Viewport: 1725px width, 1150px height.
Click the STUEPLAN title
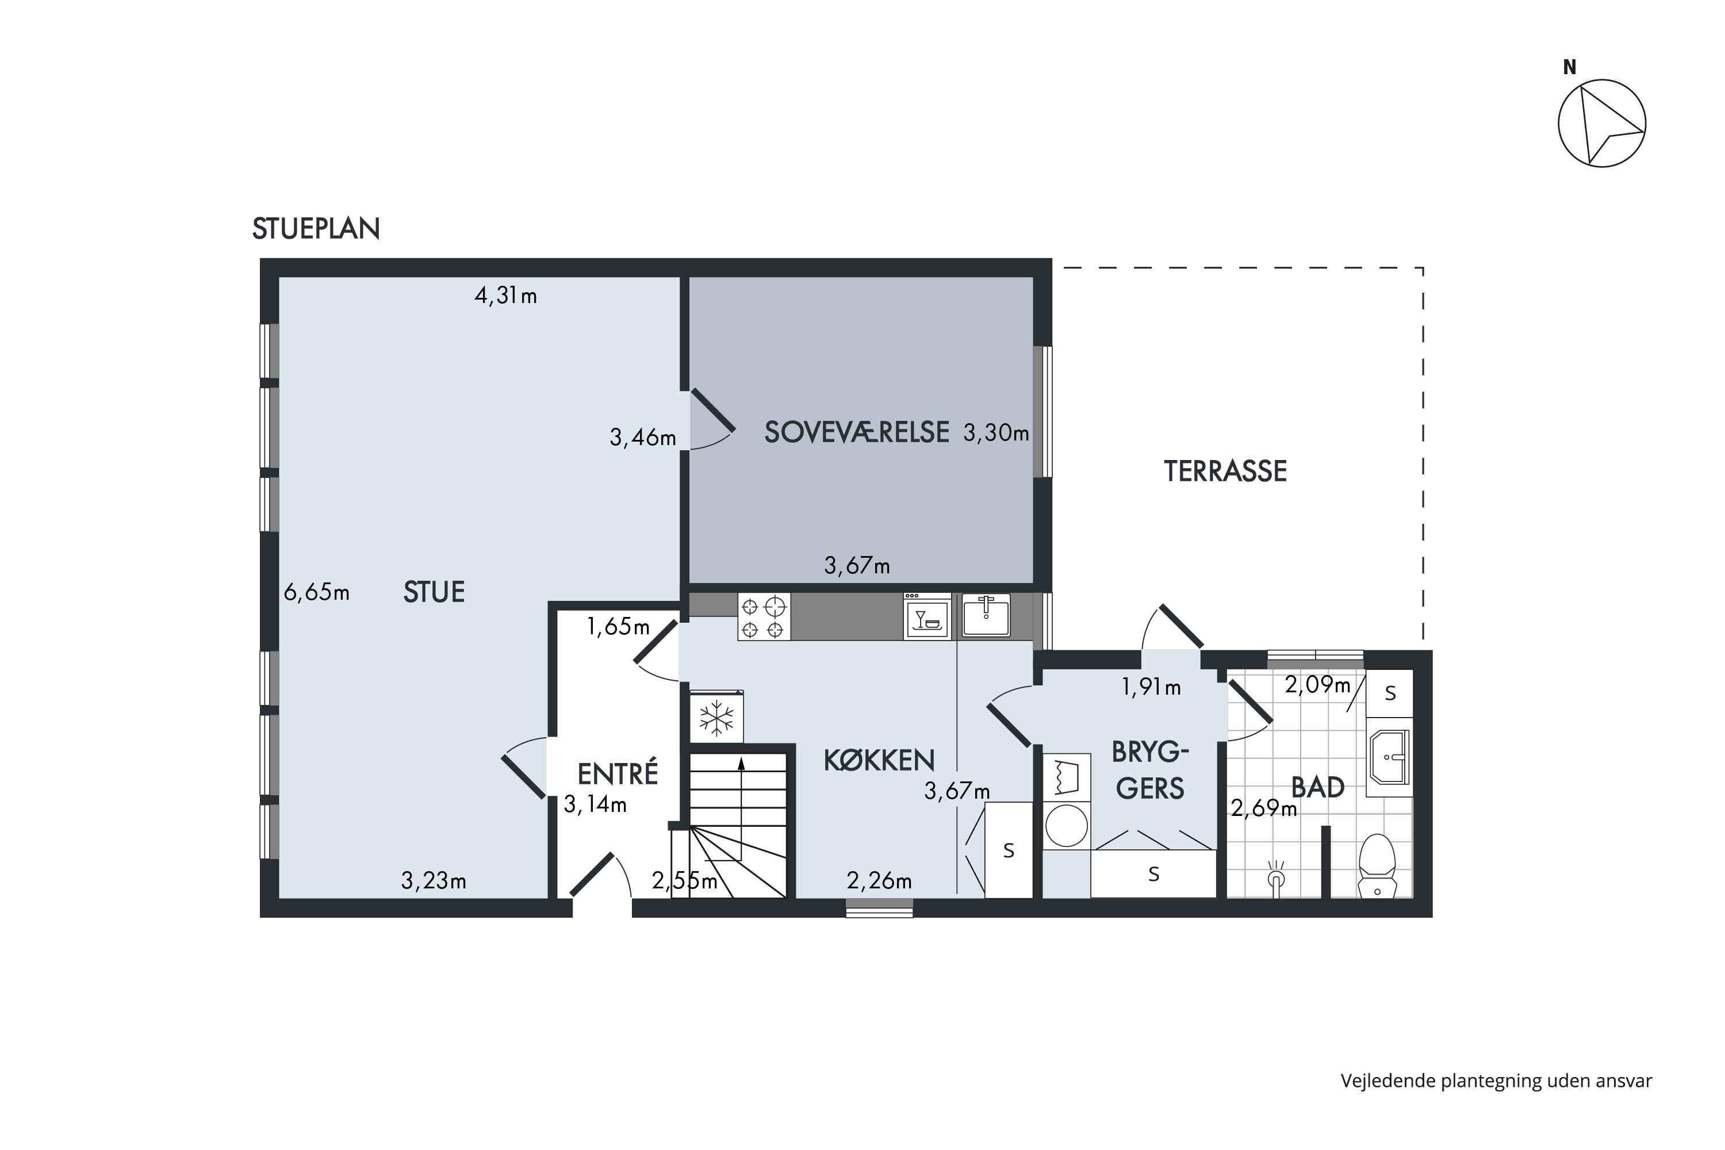(x=316, y=229)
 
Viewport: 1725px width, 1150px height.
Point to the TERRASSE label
(x=1225, y=471)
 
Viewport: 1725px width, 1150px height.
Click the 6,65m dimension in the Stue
(x=316, y=591)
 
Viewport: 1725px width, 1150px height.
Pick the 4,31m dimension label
(x=505, y=295)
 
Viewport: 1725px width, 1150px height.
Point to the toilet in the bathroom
(x=1377, y=865)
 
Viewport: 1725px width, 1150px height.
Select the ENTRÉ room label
(x=618, y=774)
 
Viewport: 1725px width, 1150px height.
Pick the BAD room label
(x=1317, y=787)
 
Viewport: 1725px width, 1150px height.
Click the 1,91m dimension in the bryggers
(x=1151, y=687)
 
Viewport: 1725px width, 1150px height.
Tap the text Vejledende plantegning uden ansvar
(x=1496, y=1081)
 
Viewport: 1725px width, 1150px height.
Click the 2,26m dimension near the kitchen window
(x=879, y=880)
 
